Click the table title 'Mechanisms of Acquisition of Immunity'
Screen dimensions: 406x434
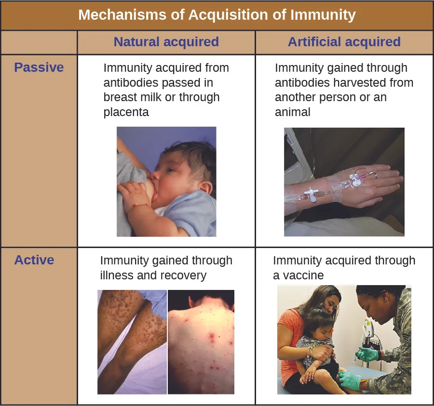tap(217, 15)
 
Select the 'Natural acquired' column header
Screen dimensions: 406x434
tap(166, 42)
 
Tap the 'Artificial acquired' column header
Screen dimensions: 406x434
tap(344, 42)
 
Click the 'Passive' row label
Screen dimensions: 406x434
tap(39, 67)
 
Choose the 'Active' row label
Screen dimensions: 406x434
tap(34, 260)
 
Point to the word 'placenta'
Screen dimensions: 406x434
tap(126, 112)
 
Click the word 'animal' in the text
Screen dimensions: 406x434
tap(292, 112)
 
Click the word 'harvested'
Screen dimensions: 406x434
tap(359, 82)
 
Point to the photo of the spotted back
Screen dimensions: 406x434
tap(201, 342)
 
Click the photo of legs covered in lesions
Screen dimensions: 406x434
tap(132, 342)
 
